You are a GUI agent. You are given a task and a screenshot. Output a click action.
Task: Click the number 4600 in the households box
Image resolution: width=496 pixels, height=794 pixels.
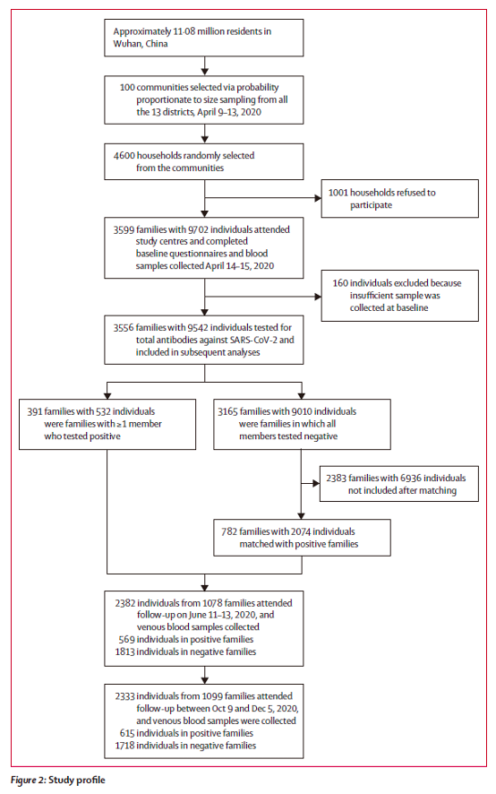(124, 155)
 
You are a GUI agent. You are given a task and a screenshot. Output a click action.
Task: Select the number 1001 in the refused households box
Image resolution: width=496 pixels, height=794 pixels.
(338, 193)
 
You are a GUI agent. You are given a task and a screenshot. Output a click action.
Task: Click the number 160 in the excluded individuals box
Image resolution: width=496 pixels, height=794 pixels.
(340, 283)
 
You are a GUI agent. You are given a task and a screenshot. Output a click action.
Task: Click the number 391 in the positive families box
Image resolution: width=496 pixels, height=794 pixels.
(35, 411)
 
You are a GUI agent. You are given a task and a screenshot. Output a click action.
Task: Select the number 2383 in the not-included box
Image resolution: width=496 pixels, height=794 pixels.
(336, 478)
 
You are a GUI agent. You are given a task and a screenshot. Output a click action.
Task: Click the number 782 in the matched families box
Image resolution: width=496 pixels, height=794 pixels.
(229, 531)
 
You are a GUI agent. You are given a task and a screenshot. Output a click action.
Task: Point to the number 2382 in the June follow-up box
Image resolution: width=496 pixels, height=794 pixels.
(125, 603)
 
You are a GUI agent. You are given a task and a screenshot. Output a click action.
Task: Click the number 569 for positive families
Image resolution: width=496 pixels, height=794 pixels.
(126, 640)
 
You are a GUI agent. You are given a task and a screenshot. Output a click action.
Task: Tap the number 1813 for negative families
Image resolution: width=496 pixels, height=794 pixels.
(125, 652)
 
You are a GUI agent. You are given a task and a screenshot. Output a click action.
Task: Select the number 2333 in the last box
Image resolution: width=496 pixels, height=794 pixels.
(125, 696)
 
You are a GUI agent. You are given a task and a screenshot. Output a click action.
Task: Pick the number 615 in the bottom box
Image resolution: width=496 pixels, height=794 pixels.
(127, 733)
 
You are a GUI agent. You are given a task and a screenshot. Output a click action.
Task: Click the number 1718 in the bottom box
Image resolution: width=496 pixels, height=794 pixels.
(125, 746)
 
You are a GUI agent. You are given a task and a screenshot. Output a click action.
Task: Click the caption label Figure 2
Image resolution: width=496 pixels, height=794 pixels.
(28, 780)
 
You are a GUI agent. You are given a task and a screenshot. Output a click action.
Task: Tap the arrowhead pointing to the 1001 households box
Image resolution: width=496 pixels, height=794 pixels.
(318, 198)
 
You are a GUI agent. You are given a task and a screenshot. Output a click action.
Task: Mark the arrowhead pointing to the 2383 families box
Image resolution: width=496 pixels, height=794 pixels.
(316, 484)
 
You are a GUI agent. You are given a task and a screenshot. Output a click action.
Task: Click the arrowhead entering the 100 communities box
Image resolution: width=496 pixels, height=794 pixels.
(204, 73)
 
